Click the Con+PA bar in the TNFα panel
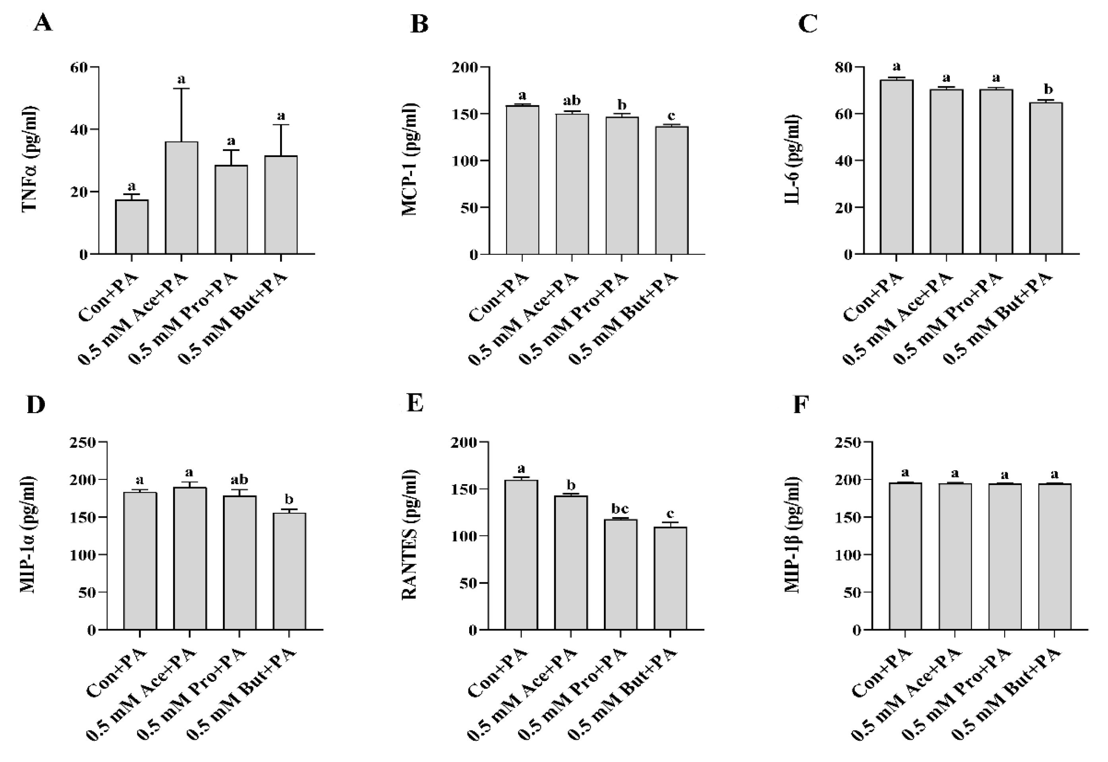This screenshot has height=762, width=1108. tap(132, 227)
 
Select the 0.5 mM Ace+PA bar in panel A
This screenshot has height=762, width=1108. tap(181, 198)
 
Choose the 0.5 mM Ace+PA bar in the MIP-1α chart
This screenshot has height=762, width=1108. tap(190, 558)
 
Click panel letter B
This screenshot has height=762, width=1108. tap(419, 24)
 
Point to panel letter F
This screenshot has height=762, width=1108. tap(800, 405)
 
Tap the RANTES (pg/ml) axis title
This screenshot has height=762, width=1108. tap(410, 535)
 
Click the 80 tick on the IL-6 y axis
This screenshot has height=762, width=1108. tap(844, 67)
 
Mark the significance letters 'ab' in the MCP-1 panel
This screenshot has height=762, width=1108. tap(572, 101)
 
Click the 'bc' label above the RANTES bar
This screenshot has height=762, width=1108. tap(620, 509)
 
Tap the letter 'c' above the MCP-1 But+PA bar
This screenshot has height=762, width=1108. tap(671, 116)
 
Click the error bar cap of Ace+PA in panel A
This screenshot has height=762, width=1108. tap(181, 88)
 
